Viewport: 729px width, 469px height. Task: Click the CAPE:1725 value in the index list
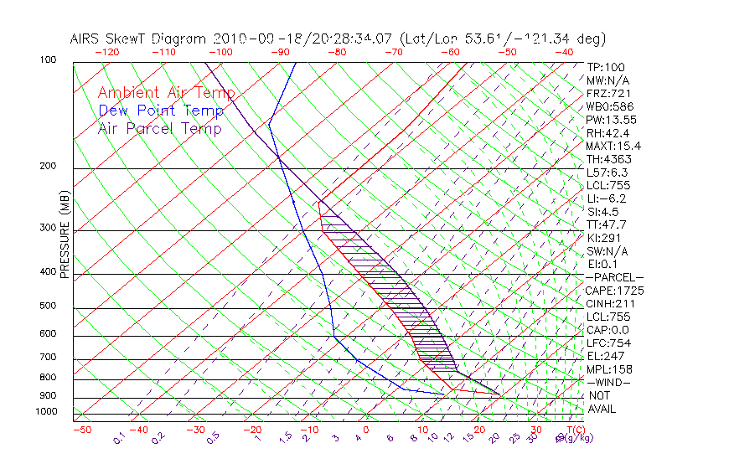pyautogui.click(x=614, y=291)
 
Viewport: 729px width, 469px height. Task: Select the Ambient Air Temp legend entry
pyautogui.click(x=166, y=93)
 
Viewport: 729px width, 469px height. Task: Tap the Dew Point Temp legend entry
pyautogui.click(x=161, y=111)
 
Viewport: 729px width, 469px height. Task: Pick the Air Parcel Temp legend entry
pyautogui.click(x=159, y=128)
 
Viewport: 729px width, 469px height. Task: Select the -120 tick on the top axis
pyautogui.click(x=106, y=52)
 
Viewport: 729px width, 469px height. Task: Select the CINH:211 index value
pyautogui.click(x=609, y=303)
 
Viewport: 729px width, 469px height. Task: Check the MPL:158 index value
pyautogui.click(x=609, y=369)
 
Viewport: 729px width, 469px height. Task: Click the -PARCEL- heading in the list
pyautogui.click(x=614, y=277)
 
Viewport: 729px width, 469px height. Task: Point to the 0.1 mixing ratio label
pyautogui.click(x=118, y=437)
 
